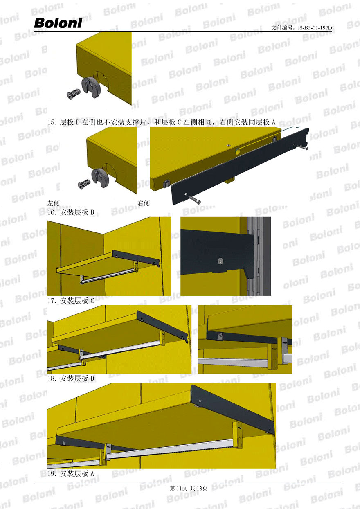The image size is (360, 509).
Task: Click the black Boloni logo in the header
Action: (58, 23)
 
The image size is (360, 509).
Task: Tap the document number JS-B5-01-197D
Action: (315, 28)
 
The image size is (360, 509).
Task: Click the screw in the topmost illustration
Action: (74, 93)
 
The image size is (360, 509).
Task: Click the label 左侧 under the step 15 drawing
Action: (53, 203)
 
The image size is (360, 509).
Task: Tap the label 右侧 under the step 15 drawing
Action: (144, 203)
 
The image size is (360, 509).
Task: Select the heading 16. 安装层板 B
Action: (71, 212)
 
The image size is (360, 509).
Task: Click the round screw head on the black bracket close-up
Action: (220, 261)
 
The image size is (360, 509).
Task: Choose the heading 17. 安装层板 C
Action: (71, 301)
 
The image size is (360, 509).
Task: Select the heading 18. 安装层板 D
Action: (71, 378)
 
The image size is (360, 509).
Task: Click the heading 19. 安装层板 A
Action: (71, 473)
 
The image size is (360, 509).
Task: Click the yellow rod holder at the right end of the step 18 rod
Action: (238, 435)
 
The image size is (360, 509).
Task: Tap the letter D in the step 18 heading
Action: (92, 378)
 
